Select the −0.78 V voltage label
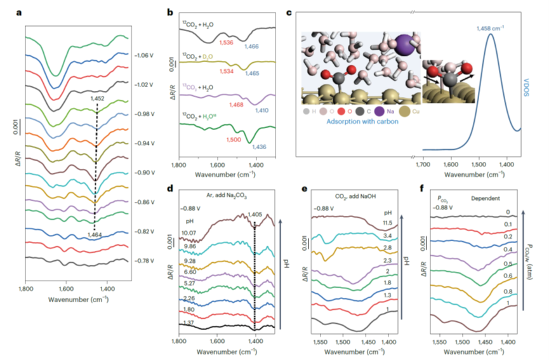pyautogui.click(x=145, y=262)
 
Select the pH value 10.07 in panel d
pyautogui.click(x=187, y=233)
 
